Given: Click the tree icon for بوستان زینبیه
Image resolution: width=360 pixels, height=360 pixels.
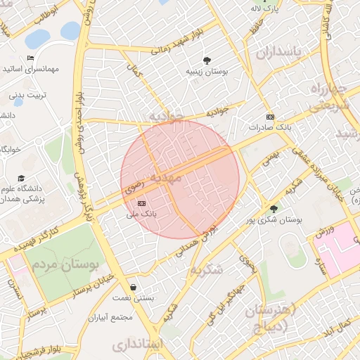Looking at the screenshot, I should point(207,60).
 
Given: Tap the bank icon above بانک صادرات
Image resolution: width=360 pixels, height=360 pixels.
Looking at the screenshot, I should point(269,117).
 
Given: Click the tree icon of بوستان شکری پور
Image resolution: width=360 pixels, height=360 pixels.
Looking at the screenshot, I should point(274,208).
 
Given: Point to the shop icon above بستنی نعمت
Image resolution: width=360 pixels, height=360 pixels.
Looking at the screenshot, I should point(134,287).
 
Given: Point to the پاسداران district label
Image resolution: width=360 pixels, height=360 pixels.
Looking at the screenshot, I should point(278,53).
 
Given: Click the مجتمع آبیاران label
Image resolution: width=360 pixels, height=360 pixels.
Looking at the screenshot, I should point(110,317).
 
